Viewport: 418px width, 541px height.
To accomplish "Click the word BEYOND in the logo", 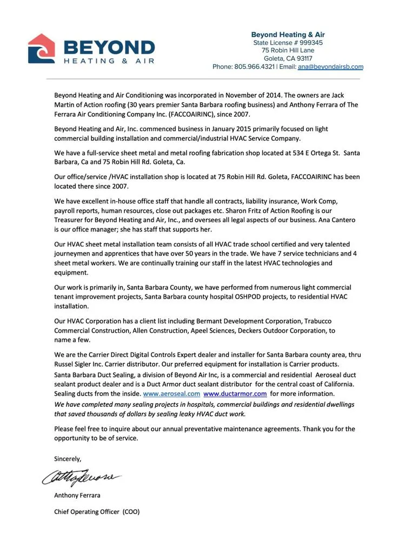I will (109, 47).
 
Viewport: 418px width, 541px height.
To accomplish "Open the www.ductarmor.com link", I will (235, 393).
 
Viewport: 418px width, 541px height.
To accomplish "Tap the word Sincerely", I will (68, 458).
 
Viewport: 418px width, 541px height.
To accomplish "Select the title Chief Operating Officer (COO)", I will (97, 511).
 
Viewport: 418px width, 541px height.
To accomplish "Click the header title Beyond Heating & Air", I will (288, 35).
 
